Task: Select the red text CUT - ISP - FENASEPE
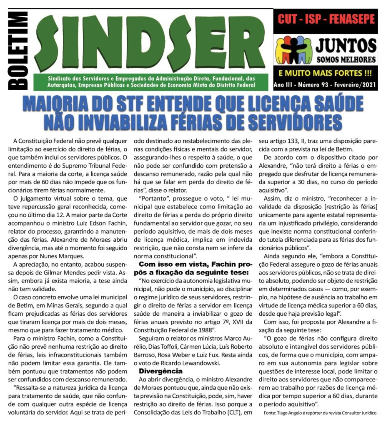326,19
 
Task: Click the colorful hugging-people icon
294,50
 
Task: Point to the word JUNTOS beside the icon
346,45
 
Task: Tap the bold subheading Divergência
161,370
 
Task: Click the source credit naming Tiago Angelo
321,413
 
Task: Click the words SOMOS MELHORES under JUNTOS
346,59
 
